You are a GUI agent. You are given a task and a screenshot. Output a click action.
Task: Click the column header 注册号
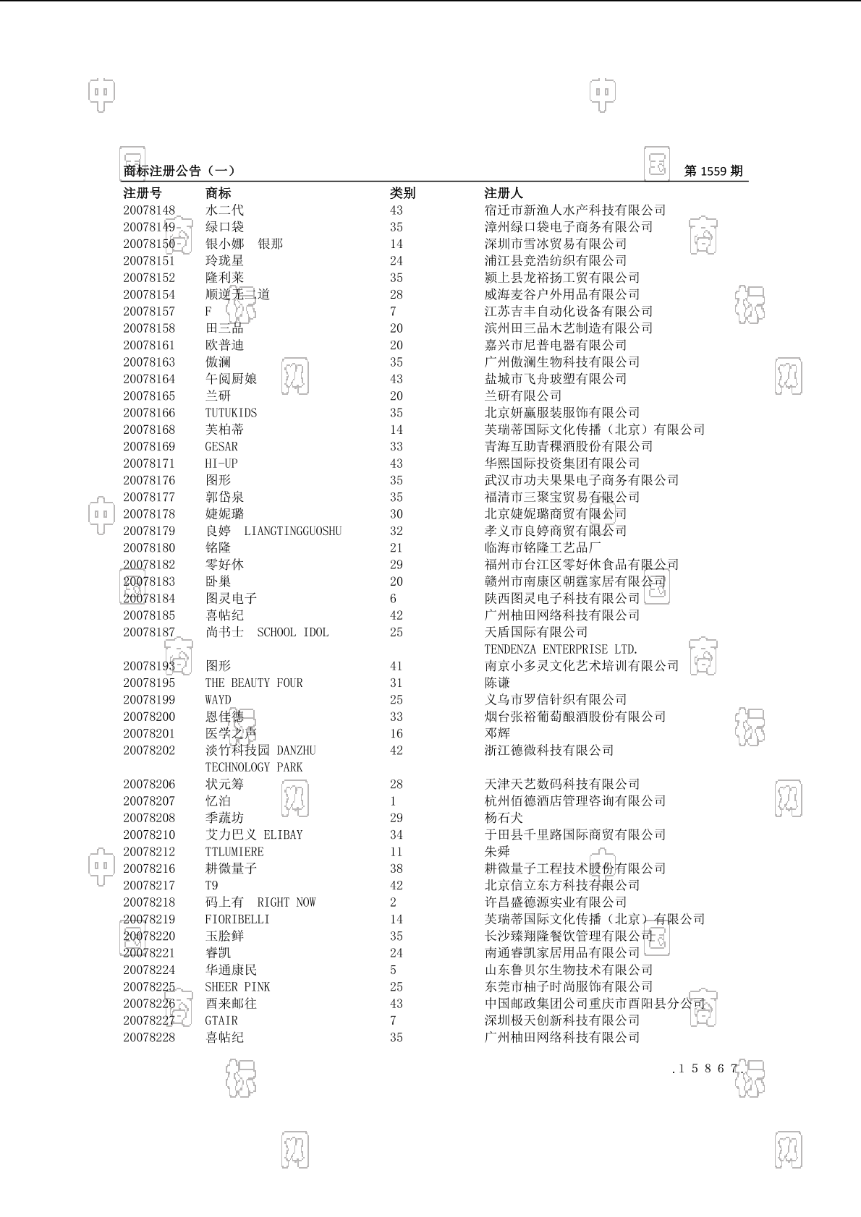[143, 193]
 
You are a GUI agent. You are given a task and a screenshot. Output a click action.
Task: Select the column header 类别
[402, 193]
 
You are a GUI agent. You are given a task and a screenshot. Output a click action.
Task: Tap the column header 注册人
[504, 193]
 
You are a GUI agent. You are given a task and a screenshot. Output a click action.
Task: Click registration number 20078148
[149, 210]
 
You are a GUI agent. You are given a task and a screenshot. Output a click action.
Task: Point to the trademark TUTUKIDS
[231, 413]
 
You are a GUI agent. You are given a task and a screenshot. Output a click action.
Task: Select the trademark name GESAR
[221, 447]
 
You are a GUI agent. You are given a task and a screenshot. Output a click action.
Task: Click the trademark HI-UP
[221, 464]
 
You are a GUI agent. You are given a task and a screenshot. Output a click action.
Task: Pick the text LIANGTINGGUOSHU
[292, 531]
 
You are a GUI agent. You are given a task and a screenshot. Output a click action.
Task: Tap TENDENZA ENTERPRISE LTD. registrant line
[561, 649]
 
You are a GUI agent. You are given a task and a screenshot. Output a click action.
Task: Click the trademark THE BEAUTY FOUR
[254, 683]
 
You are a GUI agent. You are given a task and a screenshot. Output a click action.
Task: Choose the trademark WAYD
[218, 700]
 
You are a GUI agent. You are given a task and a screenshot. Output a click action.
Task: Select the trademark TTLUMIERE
[234, 852]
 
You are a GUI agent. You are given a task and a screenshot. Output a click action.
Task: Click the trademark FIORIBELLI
[237, 920]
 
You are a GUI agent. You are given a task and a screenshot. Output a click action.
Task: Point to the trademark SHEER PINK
[237, 987]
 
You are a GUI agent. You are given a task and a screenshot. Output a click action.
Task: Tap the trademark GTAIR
[221, 1021]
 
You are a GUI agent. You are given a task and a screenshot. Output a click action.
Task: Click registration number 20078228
[149, 1038]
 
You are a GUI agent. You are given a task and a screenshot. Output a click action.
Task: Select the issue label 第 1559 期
[713, 171]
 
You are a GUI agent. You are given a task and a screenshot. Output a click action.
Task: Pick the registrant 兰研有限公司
[523, 396]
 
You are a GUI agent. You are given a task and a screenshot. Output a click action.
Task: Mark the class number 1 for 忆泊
[394, 801]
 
